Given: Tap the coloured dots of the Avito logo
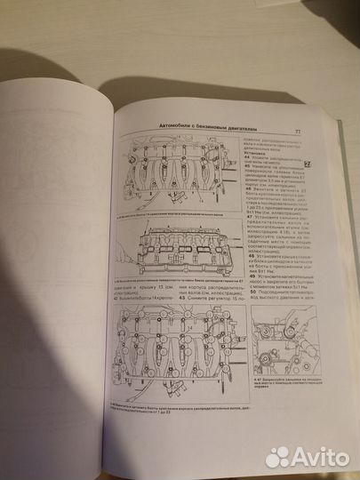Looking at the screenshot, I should point(278,456).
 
